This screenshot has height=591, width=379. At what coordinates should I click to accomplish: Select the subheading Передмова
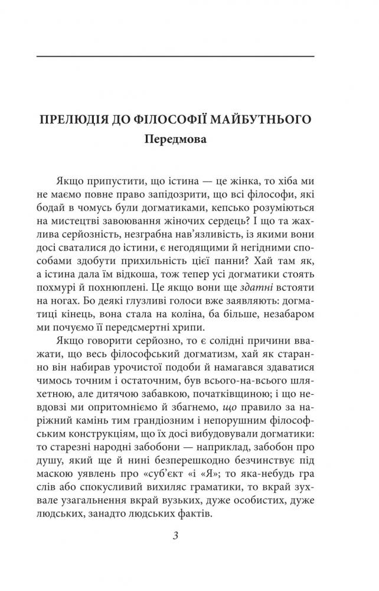[x=175, y=142]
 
